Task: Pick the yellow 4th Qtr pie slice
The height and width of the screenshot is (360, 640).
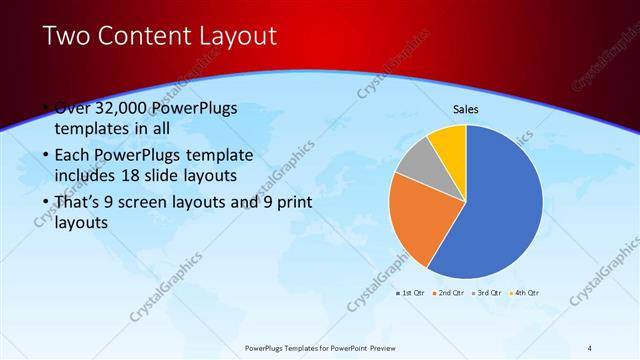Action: [x=450, y=144]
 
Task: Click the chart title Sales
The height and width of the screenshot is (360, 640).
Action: [x=466, y=109]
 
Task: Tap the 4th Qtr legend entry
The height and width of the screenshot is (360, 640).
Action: [x=525, y=292]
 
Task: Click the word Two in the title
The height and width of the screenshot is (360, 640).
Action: [x=69, y=38]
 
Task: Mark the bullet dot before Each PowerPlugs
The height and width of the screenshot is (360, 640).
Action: [x=47, y=157]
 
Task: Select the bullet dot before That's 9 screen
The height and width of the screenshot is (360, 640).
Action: [x=47, y=203]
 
